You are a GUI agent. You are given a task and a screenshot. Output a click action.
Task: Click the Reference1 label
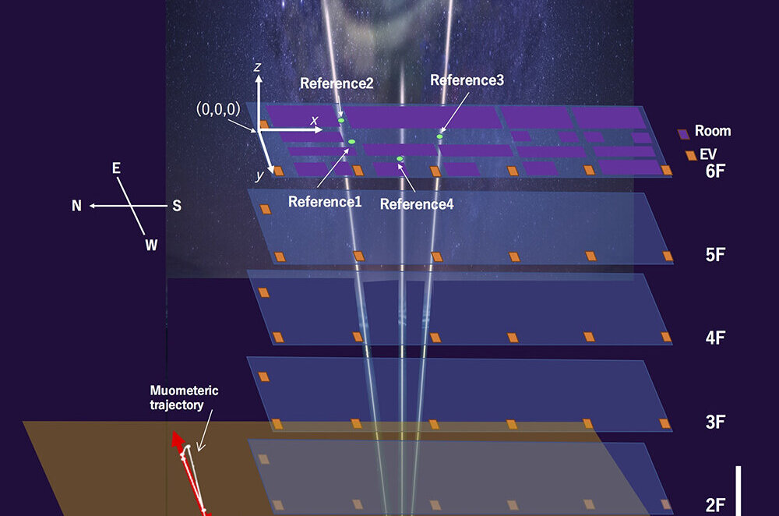coord(325,202)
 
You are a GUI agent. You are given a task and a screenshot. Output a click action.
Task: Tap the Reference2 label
coord(337,83)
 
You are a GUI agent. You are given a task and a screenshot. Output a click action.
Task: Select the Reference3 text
coord(467,80)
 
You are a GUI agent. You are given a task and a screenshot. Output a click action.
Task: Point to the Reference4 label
coord(417,204)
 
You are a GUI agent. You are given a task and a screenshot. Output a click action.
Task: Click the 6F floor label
coord(715,171)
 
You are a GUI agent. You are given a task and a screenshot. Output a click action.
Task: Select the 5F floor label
coord(715,255)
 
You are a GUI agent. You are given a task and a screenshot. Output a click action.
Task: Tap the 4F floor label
coord(715,338)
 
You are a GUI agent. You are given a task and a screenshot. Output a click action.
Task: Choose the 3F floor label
coord(715,422)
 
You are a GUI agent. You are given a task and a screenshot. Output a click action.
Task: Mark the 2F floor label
coord(715,506)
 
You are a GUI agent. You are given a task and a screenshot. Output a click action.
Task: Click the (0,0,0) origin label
coord(218,109)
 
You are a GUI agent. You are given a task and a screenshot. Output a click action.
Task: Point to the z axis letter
coord(257,66)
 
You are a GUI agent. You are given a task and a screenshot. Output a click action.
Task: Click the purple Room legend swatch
coord(684,134)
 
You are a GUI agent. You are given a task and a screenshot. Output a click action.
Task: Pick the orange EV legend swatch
coord(691,155)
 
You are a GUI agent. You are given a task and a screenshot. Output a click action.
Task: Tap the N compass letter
coord(76,206)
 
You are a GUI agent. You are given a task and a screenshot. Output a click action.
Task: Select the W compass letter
coord(152,245)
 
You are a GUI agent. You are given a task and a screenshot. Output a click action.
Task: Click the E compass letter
coord(116,168)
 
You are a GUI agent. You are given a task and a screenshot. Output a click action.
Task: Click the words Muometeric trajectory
coord(185,398)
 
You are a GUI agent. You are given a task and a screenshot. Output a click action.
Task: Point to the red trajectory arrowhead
coord(178,440)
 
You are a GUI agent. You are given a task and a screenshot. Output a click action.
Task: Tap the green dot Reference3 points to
coord(439,136)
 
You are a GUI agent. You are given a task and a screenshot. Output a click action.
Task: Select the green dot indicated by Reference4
coord(400,158)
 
